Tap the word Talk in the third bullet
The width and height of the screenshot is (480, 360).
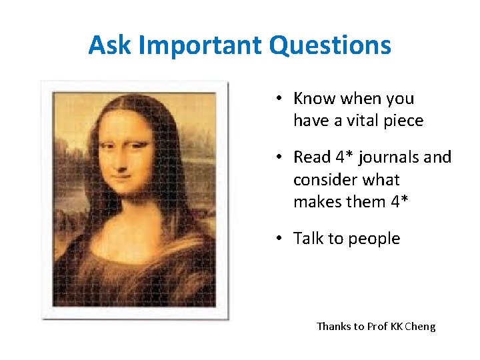(309, 239)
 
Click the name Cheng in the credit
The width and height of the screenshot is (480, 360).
(419, 327)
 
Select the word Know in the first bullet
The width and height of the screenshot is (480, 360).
(315, 99)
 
